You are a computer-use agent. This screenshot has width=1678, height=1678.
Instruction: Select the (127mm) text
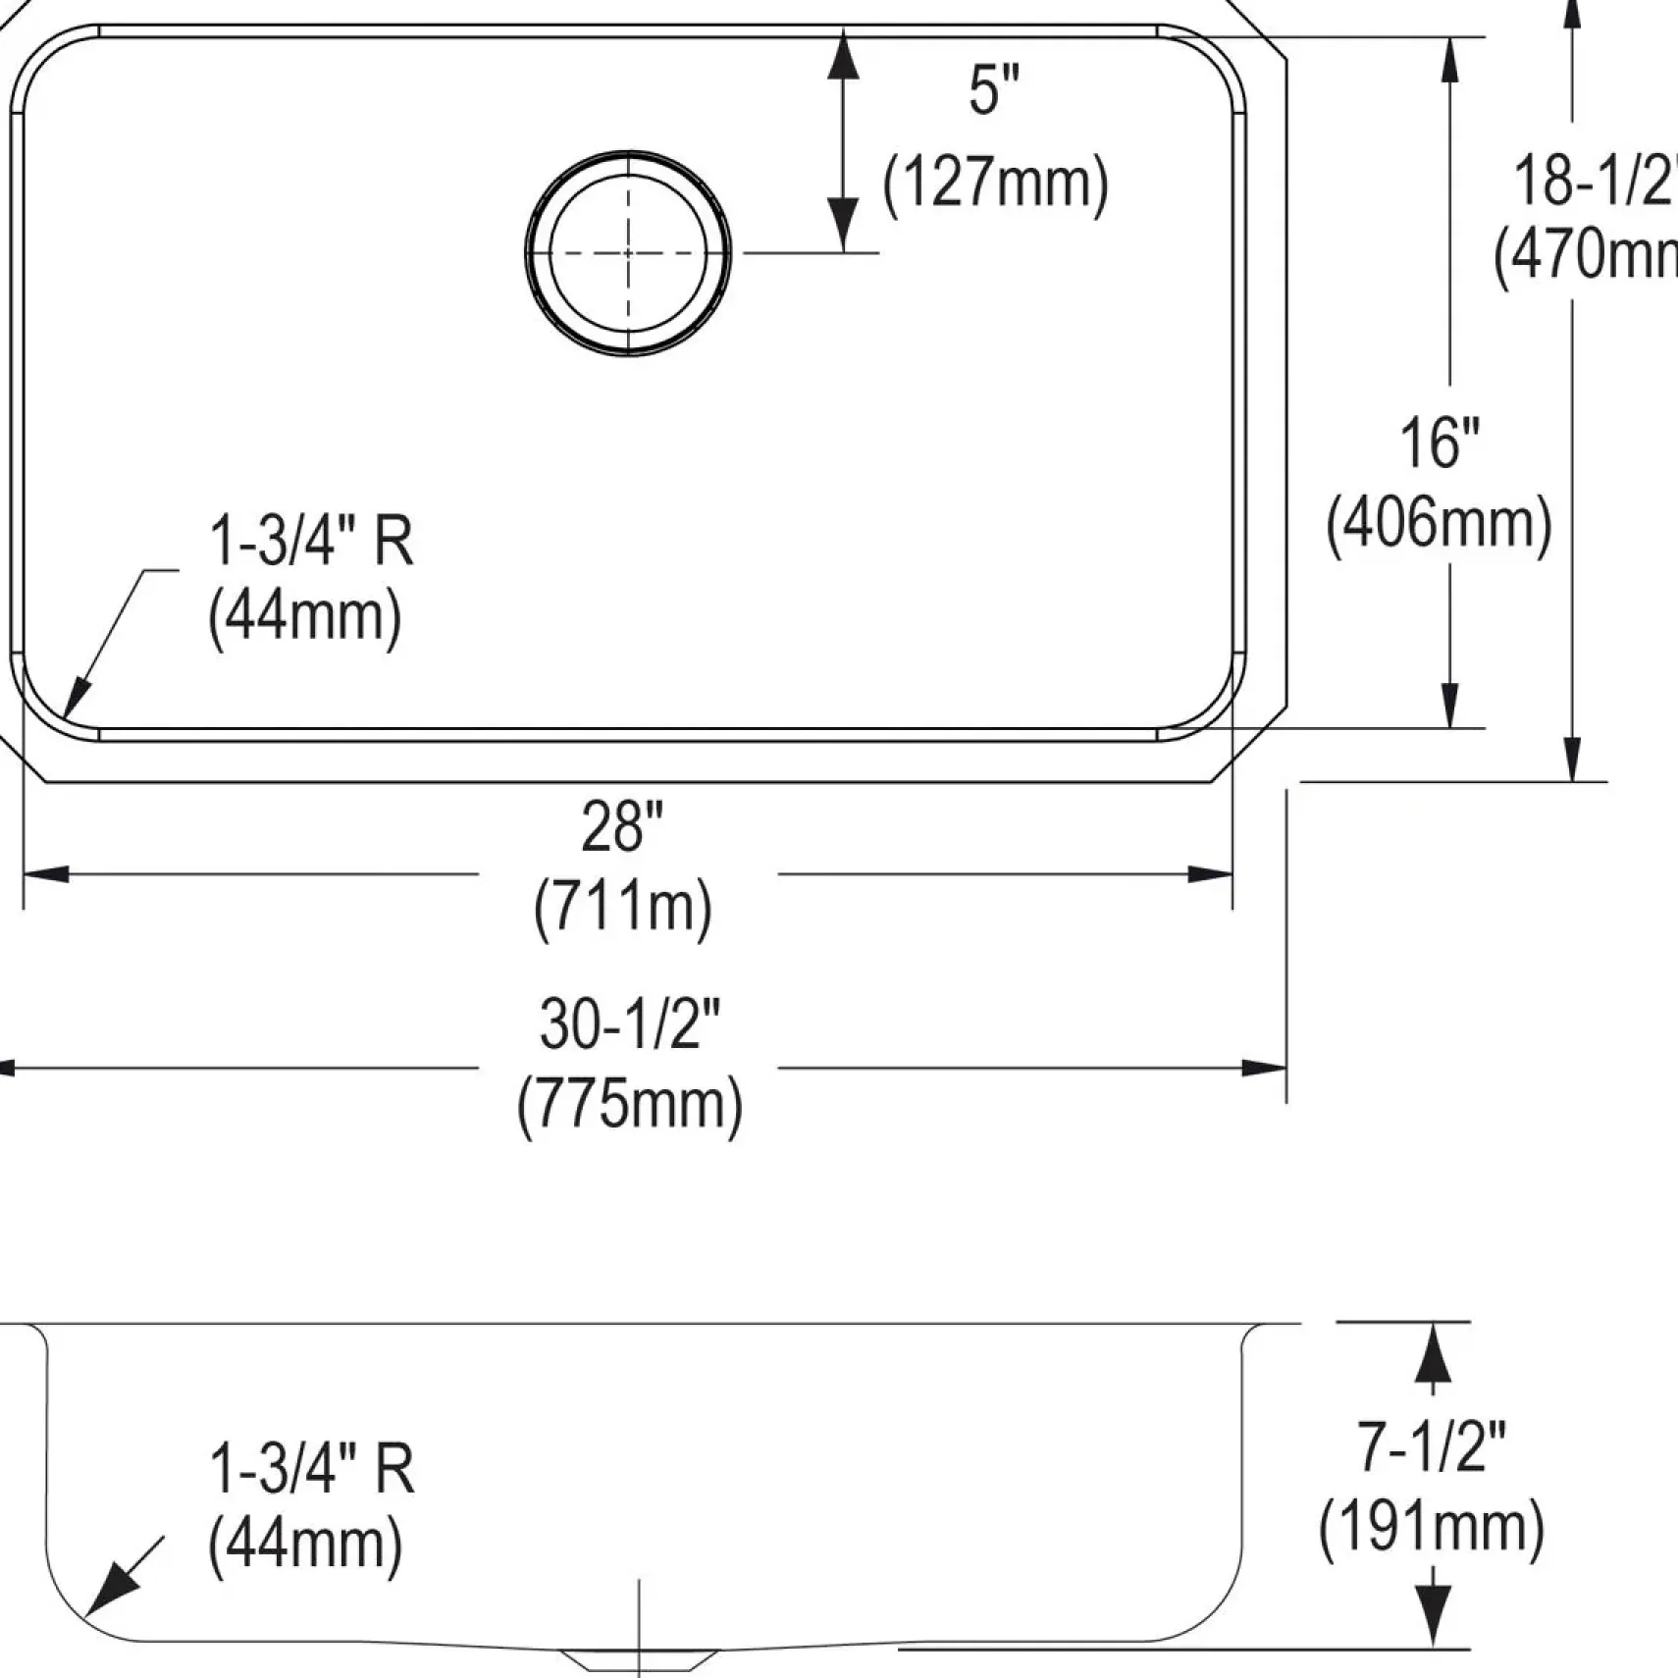point(995,184)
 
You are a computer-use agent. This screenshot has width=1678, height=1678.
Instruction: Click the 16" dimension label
point(1439,443)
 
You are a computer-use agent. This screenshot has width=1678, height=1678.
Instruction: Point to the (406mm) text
point(1439,525)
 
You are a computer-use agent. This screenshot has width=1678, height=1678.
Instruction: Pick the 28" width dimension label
point(622,826)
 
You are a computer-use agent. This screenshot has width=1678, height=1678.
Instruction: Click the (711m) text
point(623,908)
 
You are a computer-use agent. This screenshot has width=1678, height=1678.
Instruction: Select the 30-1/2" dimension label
point(629,1023)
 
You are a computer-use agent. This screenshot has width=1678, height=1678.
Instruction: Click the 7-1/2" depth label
point(1431,1447)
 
